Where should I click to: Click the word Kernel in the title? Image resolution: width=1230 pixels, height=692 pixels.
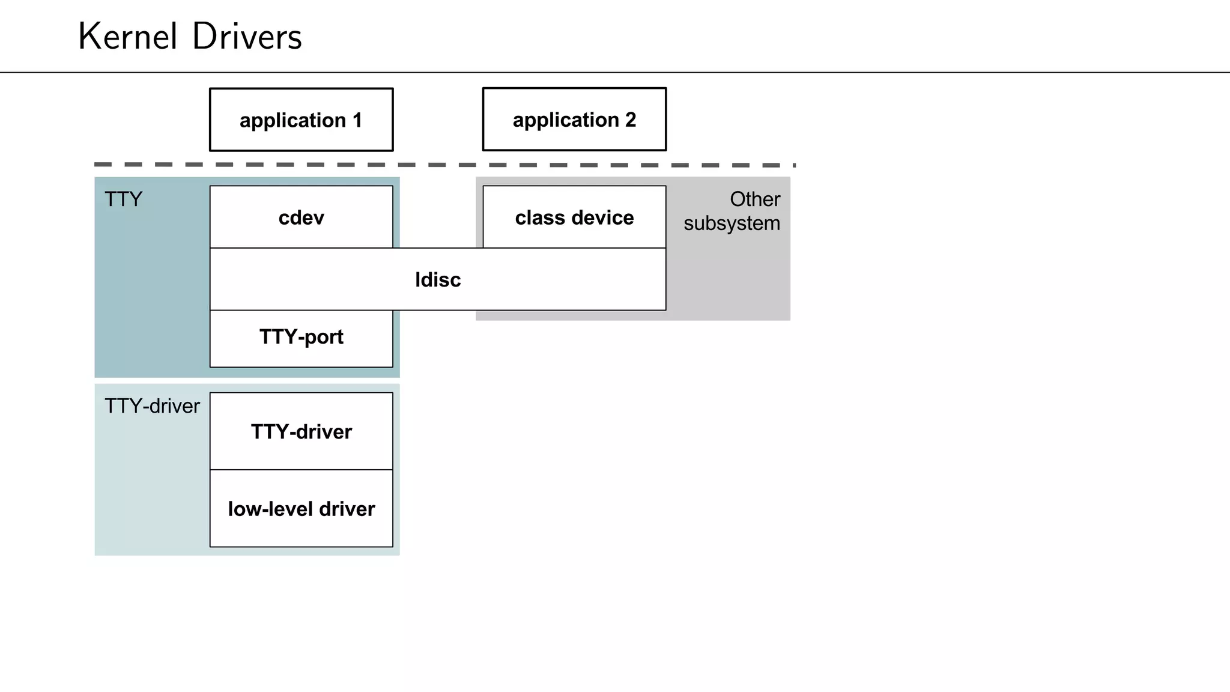[128, 37]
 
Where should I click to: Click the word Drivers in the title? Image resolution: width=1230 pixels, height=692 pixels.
[247, 37]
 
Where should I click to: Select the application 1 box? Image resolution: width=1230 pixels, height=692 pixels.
[301, 120]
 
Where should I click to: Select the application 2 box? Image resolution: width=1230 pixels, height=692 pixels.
[574, 120]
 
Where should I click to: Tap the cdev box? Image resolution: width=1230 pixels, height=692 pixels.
[301, 217]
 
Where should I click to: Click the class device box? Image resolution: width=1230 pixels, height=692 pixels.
[574, 217]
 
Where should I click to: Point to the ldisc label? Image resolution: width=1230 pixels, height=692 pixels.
[438, 280]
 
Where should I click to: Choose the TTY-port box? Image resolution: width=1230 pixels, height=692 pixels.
[301, 338]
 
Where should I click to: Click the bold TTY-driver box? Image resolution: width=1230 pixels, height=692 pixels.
[301, 432]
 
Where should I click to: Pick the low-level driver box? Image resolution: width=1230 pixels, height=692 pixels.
[301, 509]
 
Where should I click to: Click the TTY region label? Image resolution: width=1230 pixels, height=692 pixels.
[123, 199]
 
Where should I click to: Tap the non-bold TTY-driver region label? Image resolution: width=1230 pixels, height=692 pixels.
[152, 407]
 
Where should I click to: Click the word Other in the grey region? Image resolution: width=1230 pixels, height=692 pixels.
[754, 199]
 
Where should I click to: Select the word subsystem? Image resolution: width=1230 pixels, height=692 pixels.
[732, 223]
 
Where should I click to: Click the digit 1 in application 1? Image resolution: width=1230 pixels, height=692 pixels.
[357, 120]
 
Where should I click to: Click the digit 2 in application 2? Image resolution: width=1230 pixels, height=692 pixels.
[630, 120]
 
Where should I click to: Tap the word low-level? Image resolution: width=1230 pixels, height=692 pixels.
[270, 509]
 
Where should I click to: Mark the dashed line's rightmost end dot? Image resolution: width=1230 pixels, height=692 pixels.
[794, 165]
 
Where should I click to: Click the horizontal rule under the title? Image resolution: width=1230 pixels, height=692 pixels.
[615, 73]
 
